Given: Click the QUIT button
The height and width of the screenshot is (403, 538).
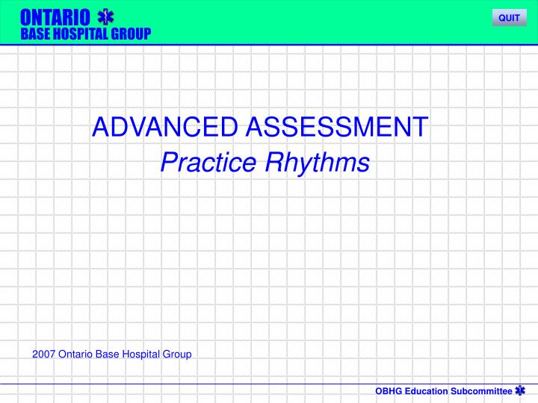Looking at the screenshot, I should pos(509,18).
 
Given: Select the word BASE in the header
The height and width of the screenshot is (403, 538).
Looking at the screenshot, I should pos(33,33).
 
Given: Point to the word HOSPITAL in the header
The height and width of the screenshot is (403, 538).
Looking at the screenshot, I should pos(78,33).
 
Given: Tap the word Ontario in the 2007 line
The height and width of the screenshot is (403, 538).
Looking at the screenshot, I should pos(75,354).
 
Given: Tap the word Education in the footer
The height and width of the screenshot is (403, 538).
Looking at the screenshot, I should pos(426,391).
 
